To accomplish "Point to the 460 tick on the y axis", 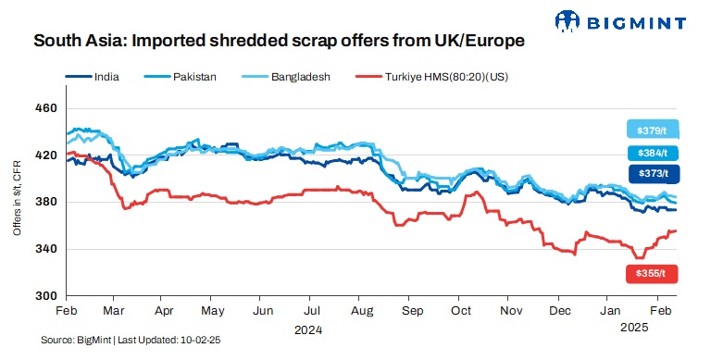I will tap(44, 108).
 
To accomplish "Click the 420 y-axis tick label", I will tap(44, 155).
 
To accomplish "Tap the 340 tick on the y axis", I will tap(44, 249).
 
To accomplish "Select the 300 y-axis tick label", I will tap(44, 296).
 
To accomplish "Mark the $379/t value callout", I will tap(653, 130).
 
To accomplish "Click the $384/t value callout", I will tap(653, 153).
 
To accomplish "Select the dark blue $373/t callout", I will tap(653, 173).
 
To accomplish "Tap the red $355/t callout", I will tap(653, 274).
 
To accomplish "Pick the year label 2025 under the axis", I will tap(632, 328).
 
